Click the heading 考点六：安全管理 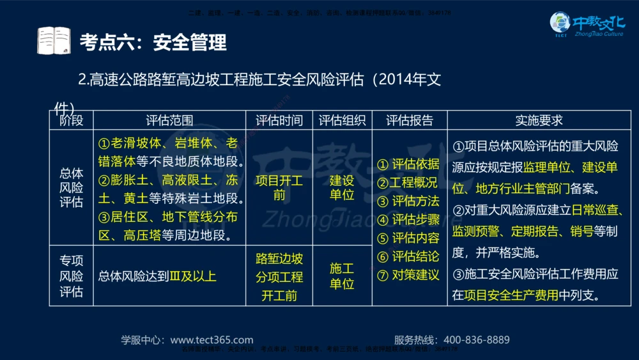coord(153,42)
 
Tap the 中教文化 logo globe coord(560,24)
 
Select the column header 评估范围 coord(169,120)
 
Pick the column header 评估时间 coord(279,120)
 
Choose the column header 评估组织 coord(342,120)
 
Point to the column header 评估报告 coord(409,120)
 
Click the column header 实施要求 coord(539,120)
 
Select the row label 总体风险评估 coord(72,187)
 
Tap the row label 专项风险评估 coord(72,276)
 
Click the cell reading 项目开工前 coord(279,187)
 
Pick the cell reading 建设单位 coord(342,187)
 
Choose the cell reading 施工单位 coord(342,276)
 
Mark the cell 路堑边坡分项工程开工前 coord(279,277)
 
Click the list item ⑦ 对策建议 coord(408,275)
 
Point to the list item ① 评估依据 coord(408,164)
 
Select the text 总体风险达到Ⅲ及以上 coord(157,276)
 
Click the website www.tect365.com coord(212,340)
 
